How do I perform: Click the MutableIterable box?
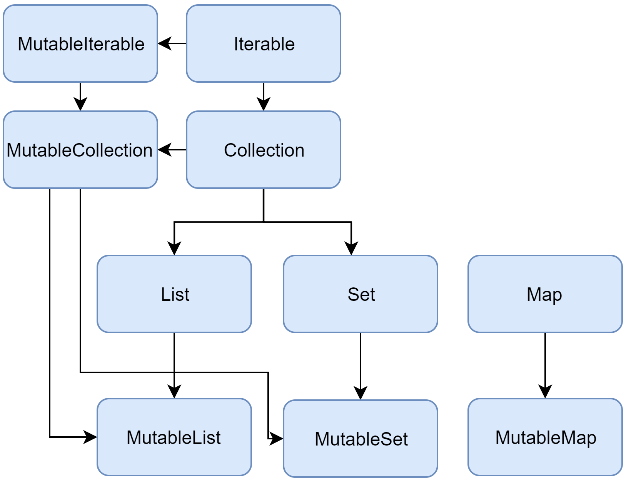80,43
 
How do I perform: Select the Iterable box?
264,43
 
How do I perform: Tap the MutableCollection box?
80,150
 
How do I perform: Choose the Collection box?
264,150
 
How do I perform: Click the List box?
174,294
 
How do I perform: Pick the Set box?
361,294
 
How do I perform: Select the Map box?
545,294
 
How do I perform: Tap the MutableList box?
174,437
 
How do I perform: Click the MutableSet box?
361,439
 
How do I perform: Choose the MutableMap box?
545,437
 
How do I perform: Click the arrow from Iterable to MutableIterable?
172,43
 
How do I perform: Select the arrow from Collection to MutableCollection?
172,150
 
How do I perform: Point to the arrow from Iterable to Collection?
264,96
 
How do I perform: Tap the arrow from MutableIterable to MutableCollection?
80,96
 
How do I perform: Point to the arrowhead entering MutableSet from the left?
276,438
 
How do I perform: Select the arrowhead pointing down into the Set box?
351,248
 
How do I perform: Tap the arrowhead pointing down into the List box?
174,248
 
